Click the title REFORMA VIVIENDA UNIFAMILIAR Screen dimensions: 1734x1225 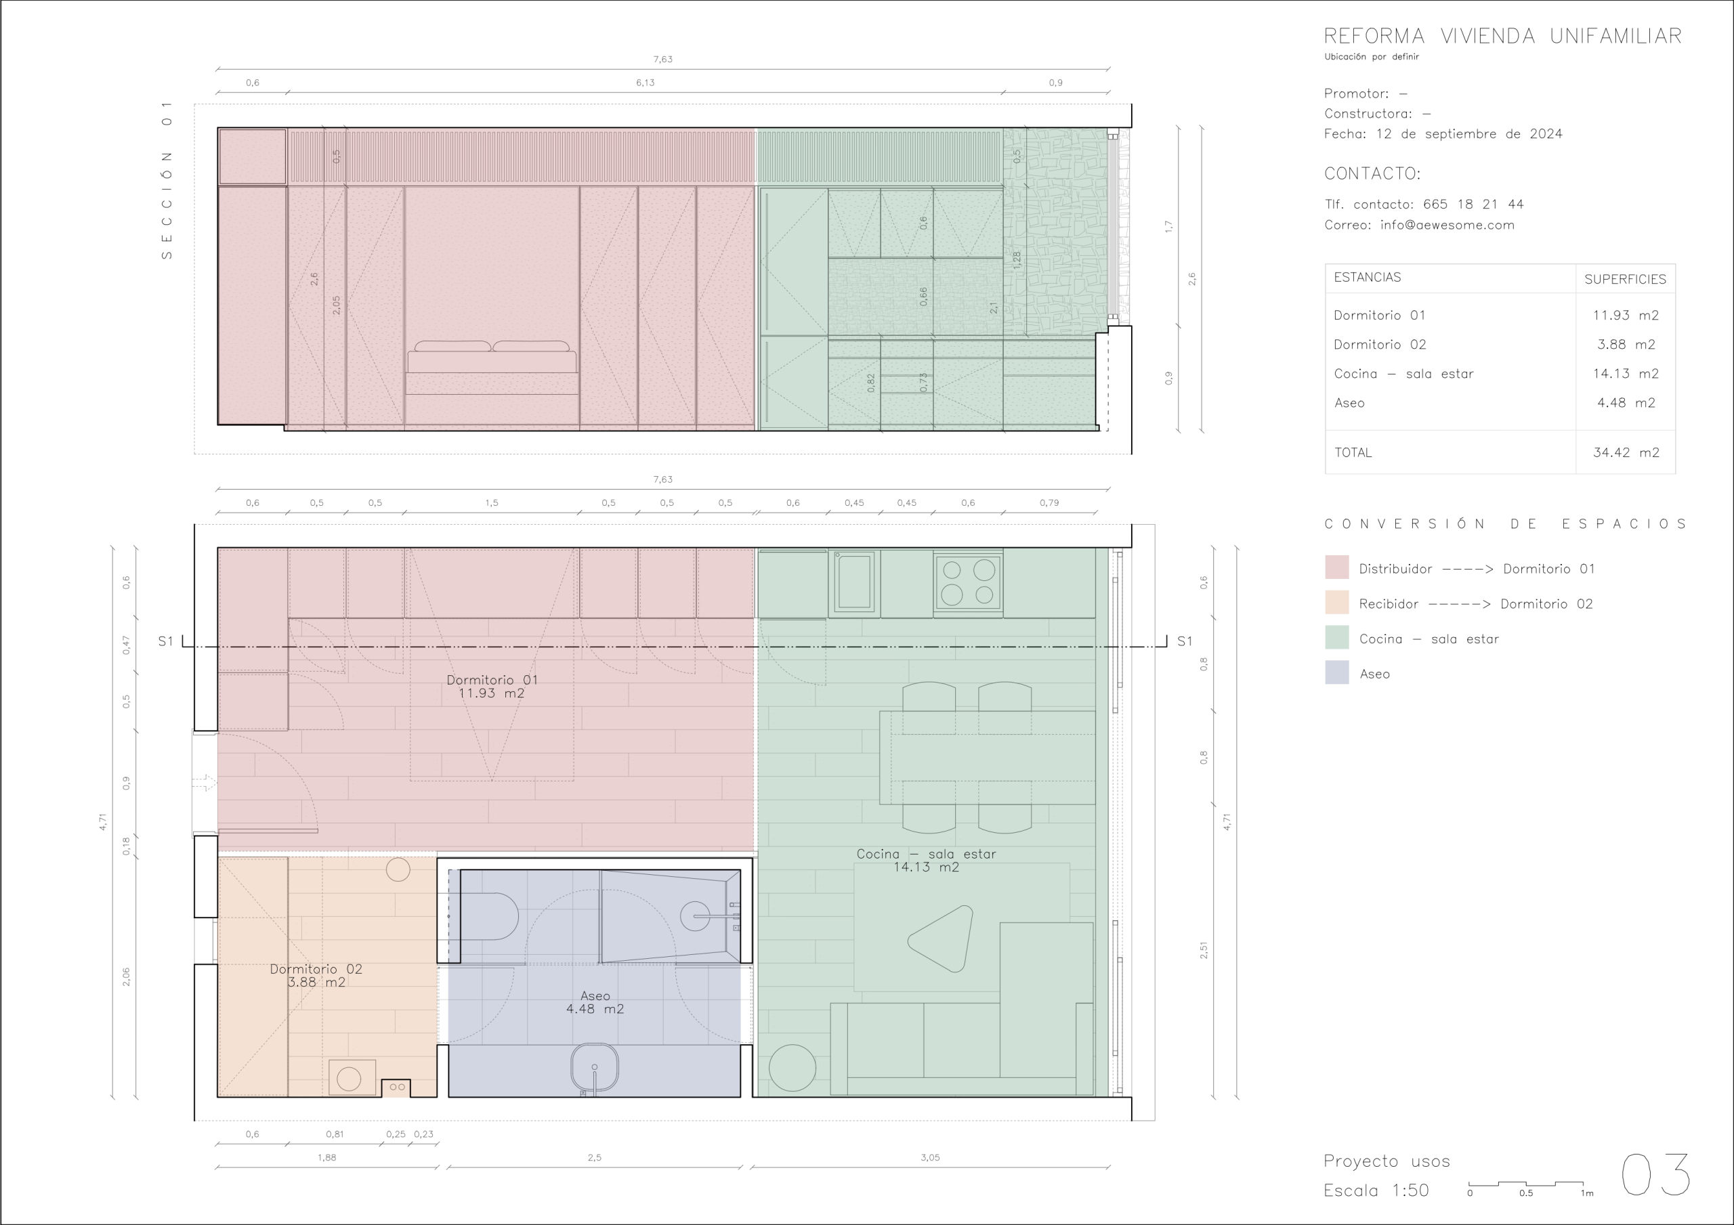(1503, 37)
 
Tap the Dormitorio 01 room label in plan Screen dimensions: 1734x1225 (492, 687)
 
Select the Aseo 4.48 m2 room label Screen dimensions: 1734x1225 (595, 1002)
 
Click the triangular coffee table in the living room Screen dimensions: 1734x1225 (941, 939)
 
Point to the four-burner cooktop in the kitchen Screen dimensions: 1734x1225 (968, 582)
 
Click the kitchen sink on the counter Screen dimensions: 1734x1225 (854, 581)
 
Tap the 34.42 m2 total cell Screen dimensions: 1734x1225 (1626, 452)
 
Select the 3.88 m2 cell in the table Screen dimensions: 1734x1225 (1626, 345)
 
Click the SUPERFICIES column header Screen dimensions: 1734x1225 (1625, 280)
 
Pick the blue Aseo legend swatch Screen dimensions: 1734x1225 (1337, 673)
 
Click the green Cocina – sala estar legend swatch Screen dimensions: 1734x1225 (1337, 637)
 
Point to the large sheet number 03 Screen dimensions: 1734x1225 (1656, 1174)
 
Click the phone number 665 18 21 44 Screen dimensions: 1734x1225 (1473, 204)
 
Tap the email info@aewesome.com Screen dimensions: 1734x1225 (1447, 225)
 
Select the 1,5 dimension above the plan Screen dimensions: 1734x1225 (492, 502)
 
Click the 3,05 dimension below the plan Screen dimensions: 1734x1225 (930, 1157)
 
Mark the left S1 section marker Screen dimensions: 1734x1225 (165, 641)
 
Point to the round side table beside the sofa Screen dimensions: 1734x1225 (792, 1068)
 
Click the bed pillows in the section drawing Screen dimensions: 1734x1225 (492, 346)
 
